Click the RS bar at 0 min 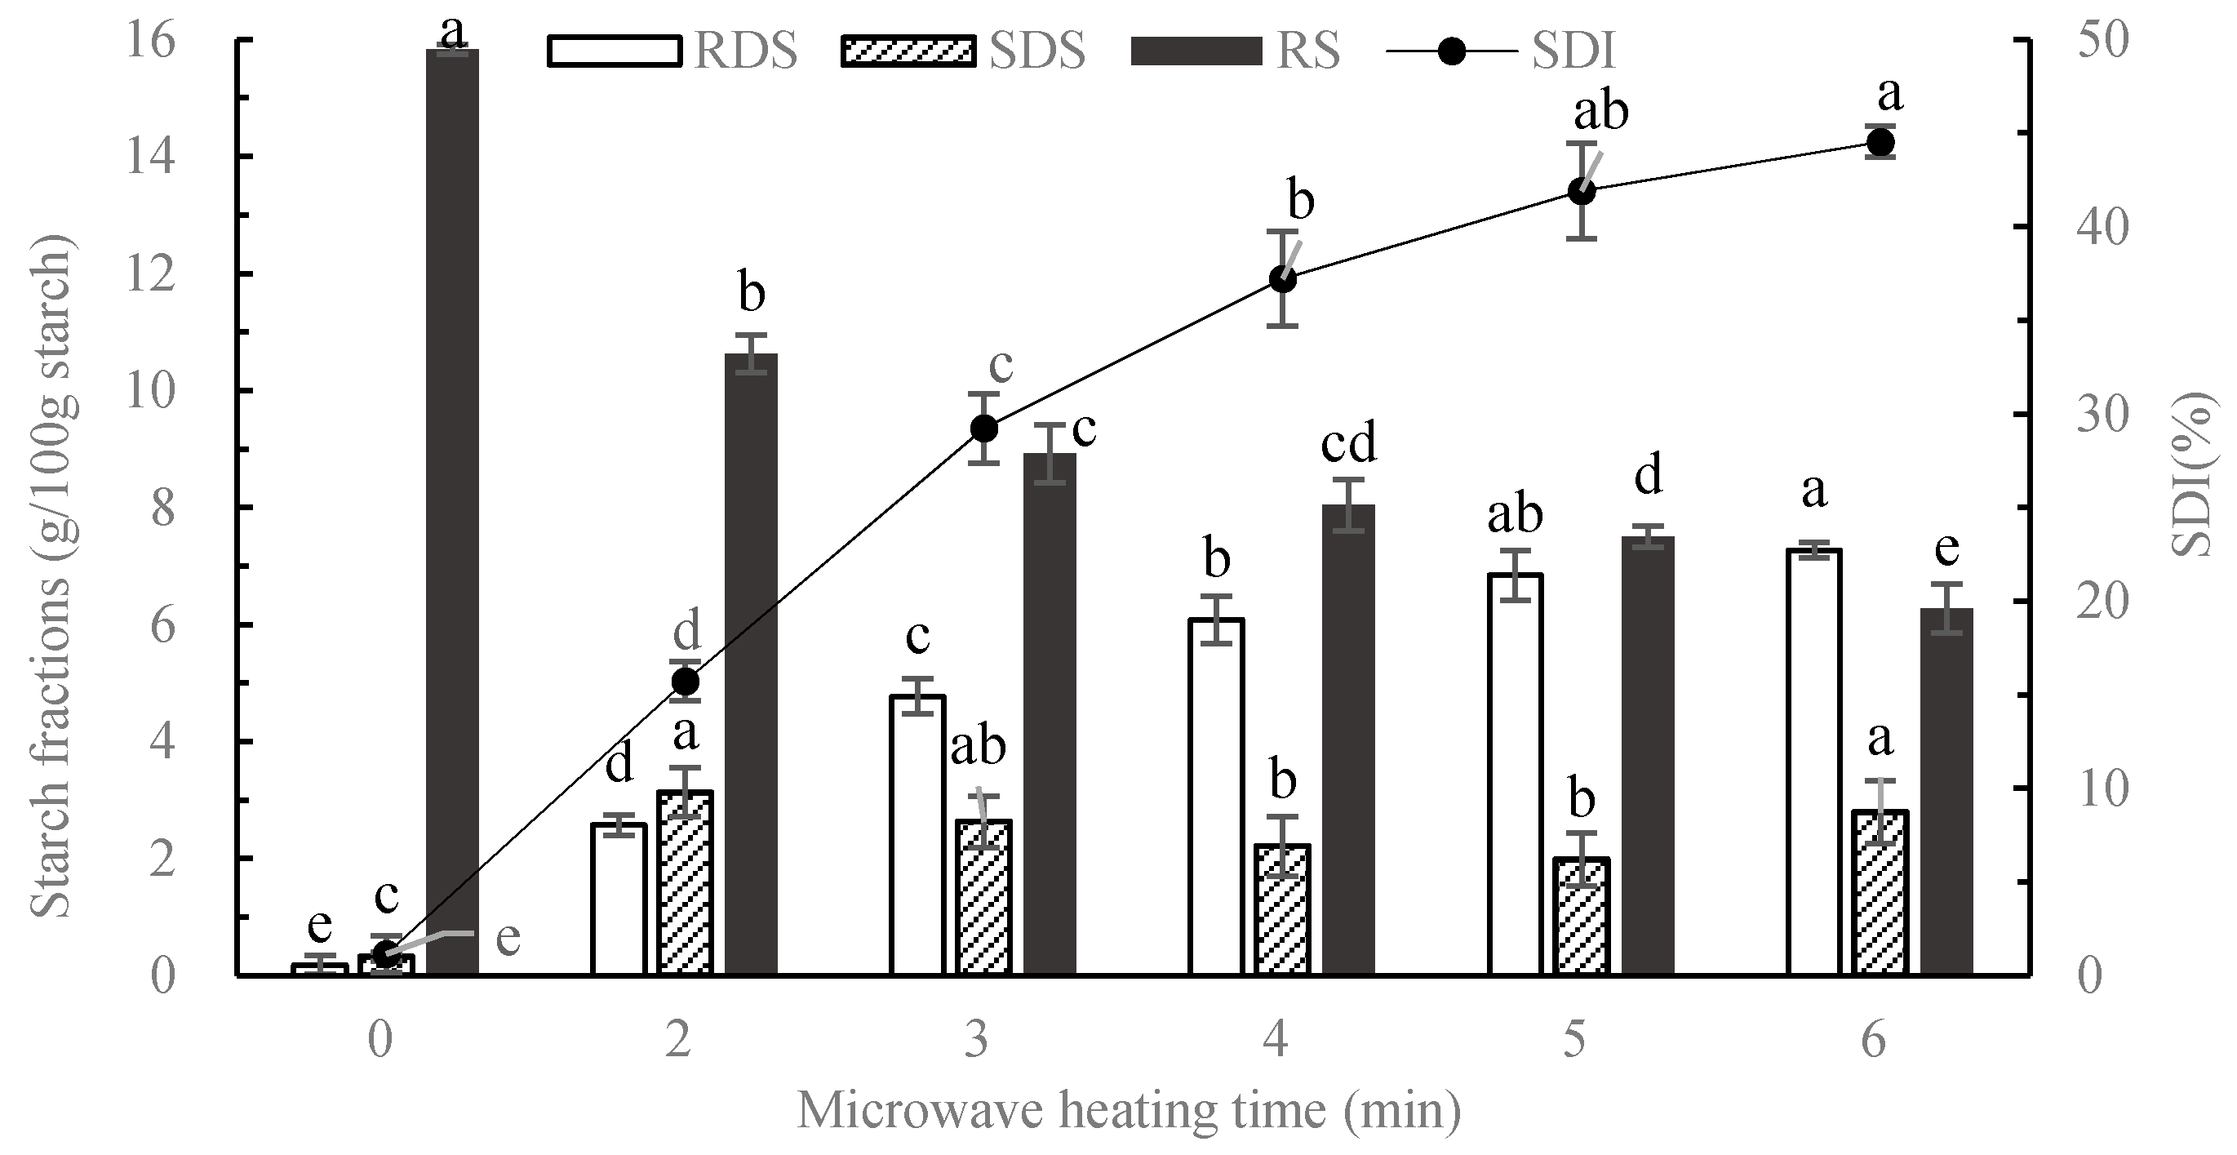[x=452, y=513]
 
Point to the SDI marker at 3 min [x=984, y=429]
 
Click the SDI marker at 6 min [x=1880, y=142]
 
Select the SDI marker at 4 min [x=1283, y=280]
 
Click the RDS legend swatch [x=614, y=51]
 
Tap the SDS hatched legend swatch [x=908, y=51]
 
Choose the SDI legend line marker [x=1451, y=51]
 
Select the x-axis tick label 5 [x=1574, y=1040]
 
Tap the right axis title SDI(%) [x=2193, y=473]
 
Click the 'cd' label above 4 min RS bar [x=1348, y=444]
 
